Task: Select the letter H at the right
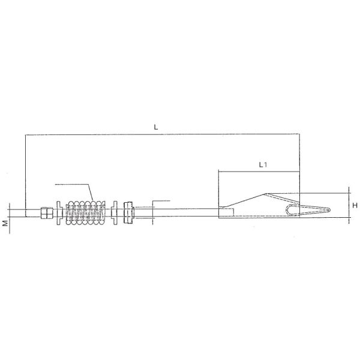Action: pyautogui.click(x=355, y=205)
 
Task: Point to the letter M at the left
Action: pyautogui.click(x=4, y=223)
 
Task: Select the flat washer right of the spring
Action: pyautogui.click(x=114, y=213)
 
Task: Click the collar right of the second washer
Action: pyautogui.click(x=127, y=213)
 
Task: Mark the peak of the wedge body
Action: pyautogui.click(x=264, y=193)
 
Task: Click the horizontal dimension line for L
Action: pyautogui.click(x=162, y=135)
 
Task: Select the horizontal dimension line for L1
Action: pyautogui.click(x=258, y=171)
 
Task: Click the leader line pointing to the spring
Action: pyautogui.click(x=75, y=184)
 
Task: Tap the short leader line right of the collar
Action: pyautogui.click(x=161, y=200)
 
